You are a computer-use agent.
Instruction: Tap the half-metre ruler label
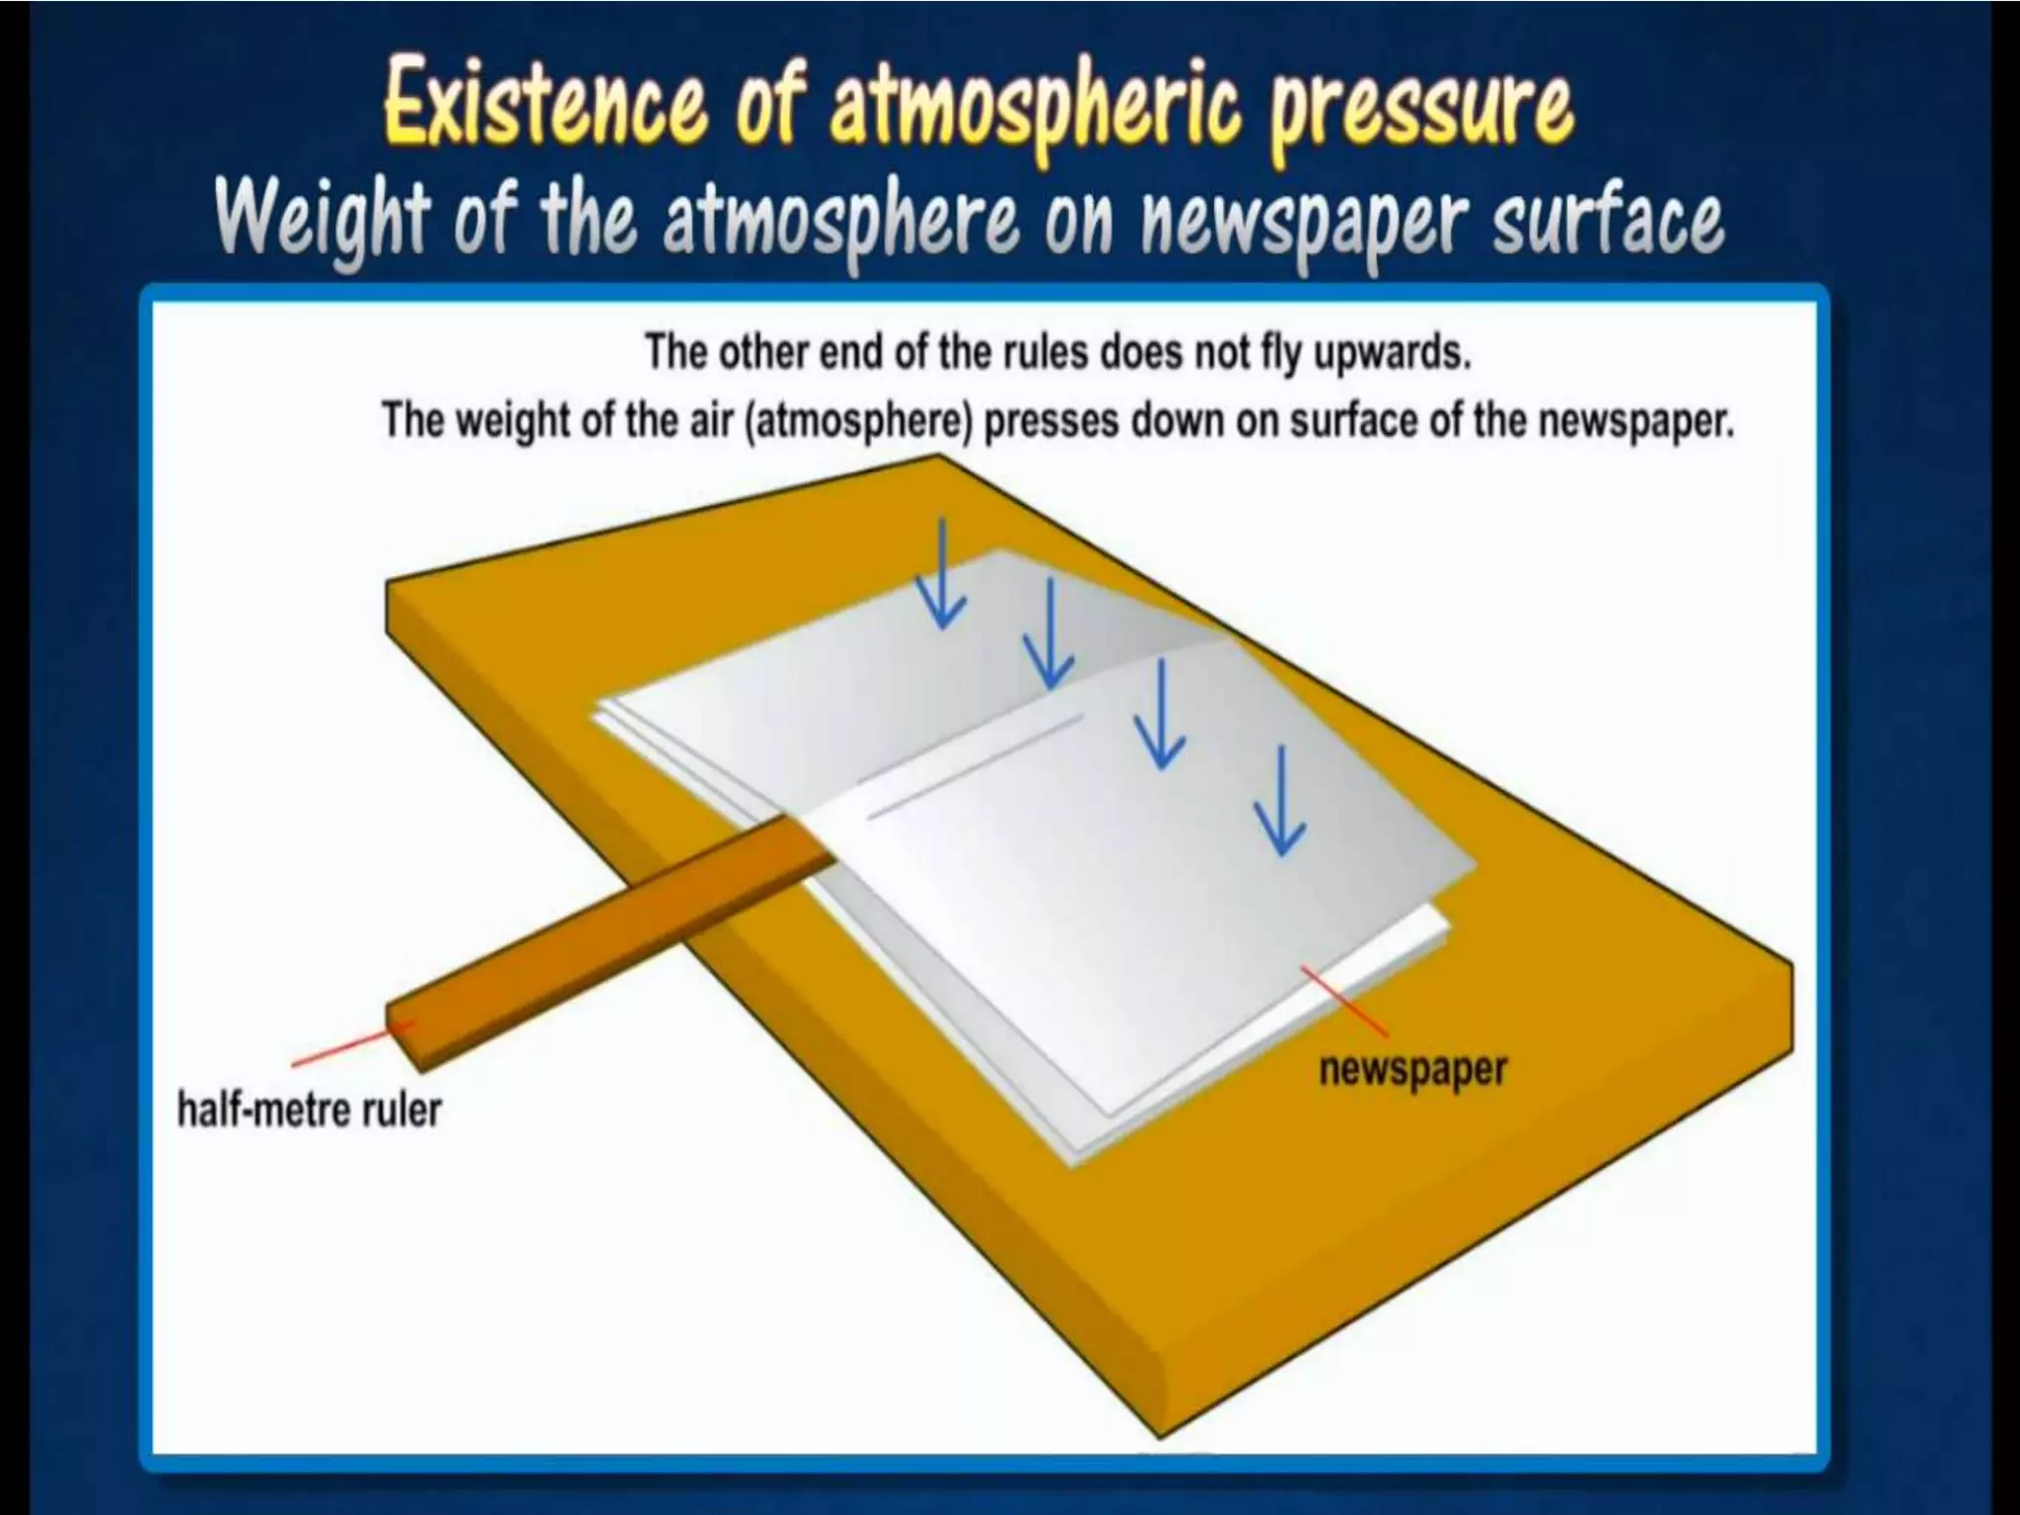[309, 1110]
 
